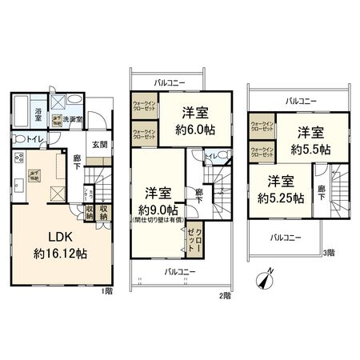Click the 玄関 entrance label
(98, 144)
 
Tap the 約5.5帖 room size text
(308, 148)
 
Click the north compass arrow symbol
(266, 280)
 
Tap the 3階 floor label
(329, 254)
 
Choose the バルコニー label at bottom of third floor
(286, 237)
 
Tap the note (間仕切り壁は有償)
(158, 218)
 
